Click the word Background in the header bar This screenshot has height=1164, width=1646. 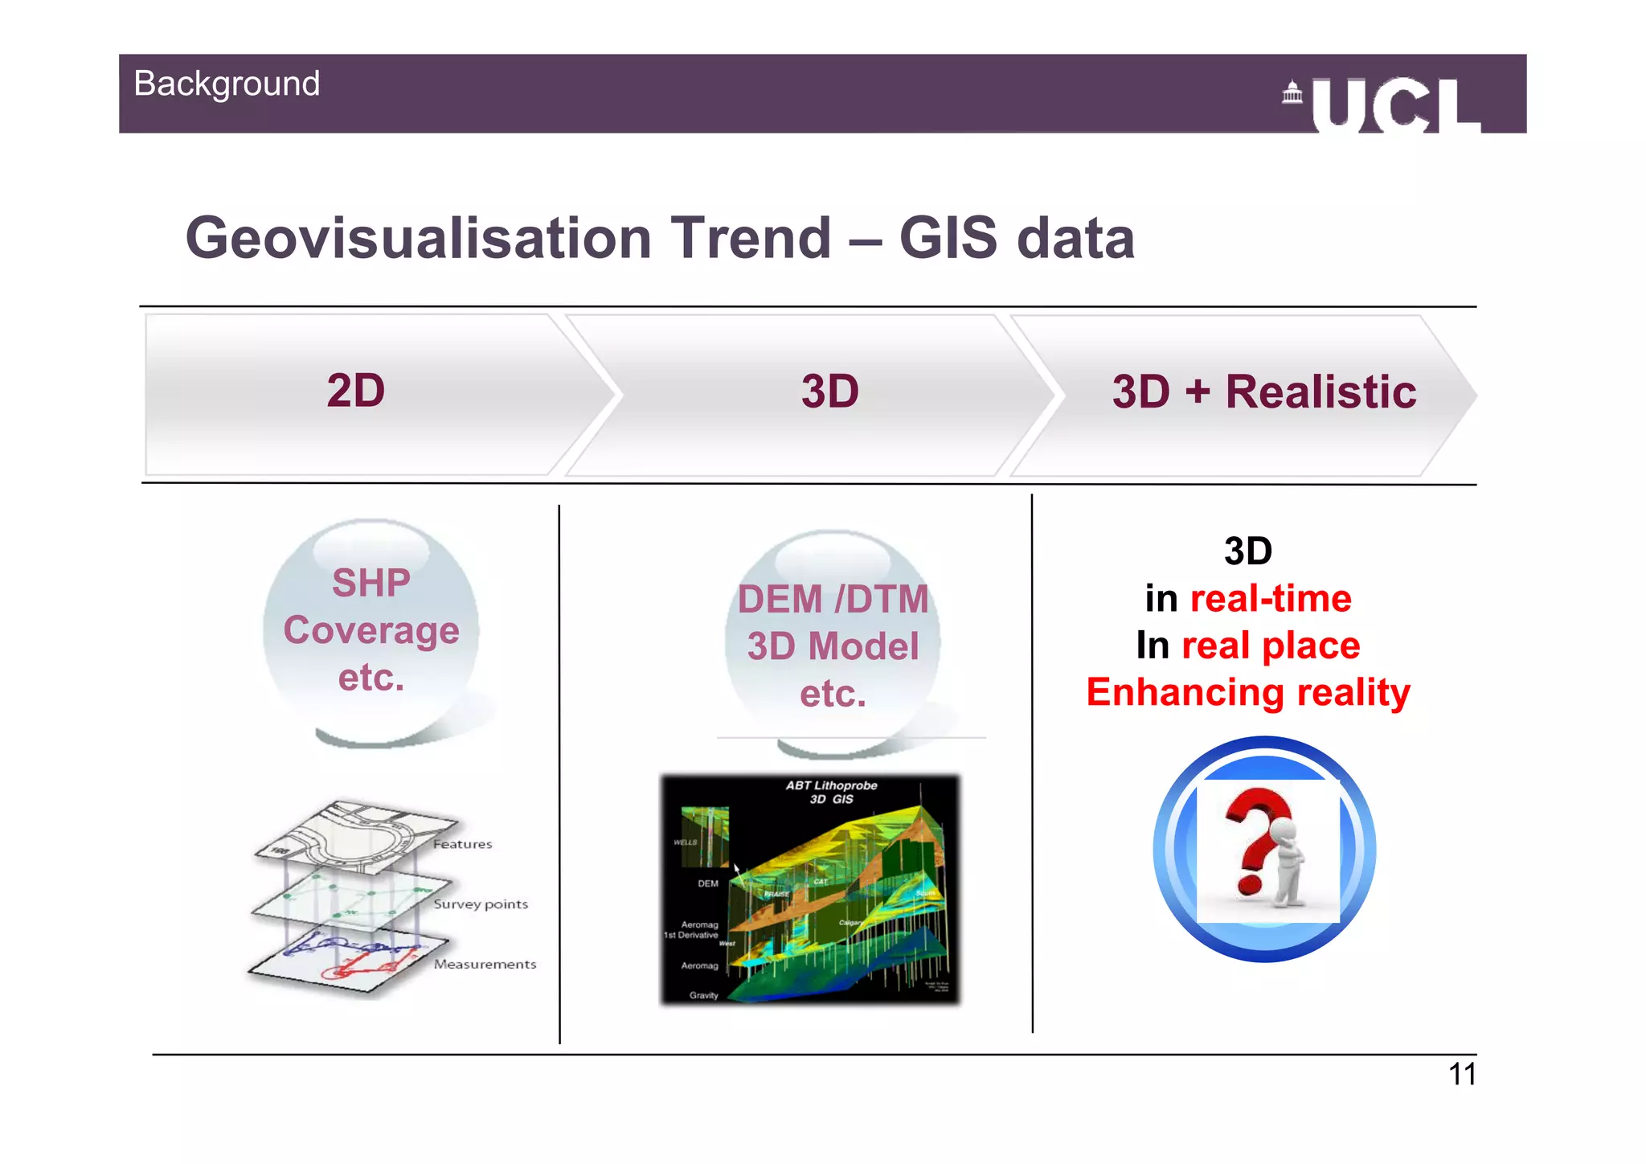click(x=227, y=84)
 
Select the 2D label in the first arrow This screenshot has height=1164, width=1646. click(x=356, y=391)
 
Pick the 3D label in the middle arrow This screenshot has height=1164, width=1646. click(x=829, y=392)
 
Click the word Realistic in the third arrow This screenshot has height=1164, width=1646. click(x=1320, y=392)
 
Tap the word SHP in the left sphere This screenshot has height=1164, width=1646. click(x=371, y=583)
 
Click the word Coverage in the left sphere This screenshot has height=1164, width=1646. click(x=371, y=630)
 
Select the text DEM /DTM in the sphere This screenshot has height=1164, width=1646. click(x=833, y=600)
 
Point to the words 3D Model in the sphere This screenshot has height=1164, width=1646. click(x=833, y=646)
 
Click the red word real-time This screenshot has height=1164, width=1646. click(x=1271, y=599)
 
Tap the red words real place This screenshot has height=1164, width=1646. click(x=1271, y=646)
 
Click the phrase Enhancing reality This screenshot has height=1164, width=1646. click(x=1248, y=693)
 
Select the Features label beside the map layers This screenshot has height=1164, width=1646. click(x=463, y=844)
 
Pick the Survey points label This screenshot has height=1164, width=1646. click(x=481, y=904)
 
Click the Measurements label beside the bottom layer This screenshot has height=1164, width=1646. click(x=485, y=964)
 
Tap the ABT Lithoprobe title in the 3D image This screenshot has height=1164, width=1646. click(x=831, y=786)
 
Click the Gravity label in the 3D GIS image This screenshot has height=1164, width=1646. click(x=703, y=995)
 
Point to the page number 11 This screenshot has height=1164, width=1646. click(x=1462, y=1075)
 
